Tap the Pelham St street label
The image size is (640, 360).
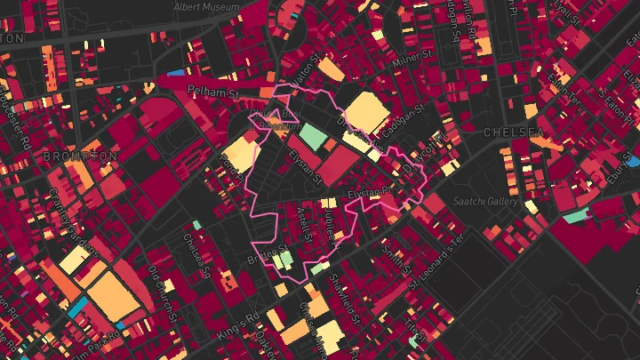214,91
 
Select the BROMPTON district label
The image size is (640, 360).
80,156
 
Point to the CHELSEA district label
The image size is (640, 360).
513,132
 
